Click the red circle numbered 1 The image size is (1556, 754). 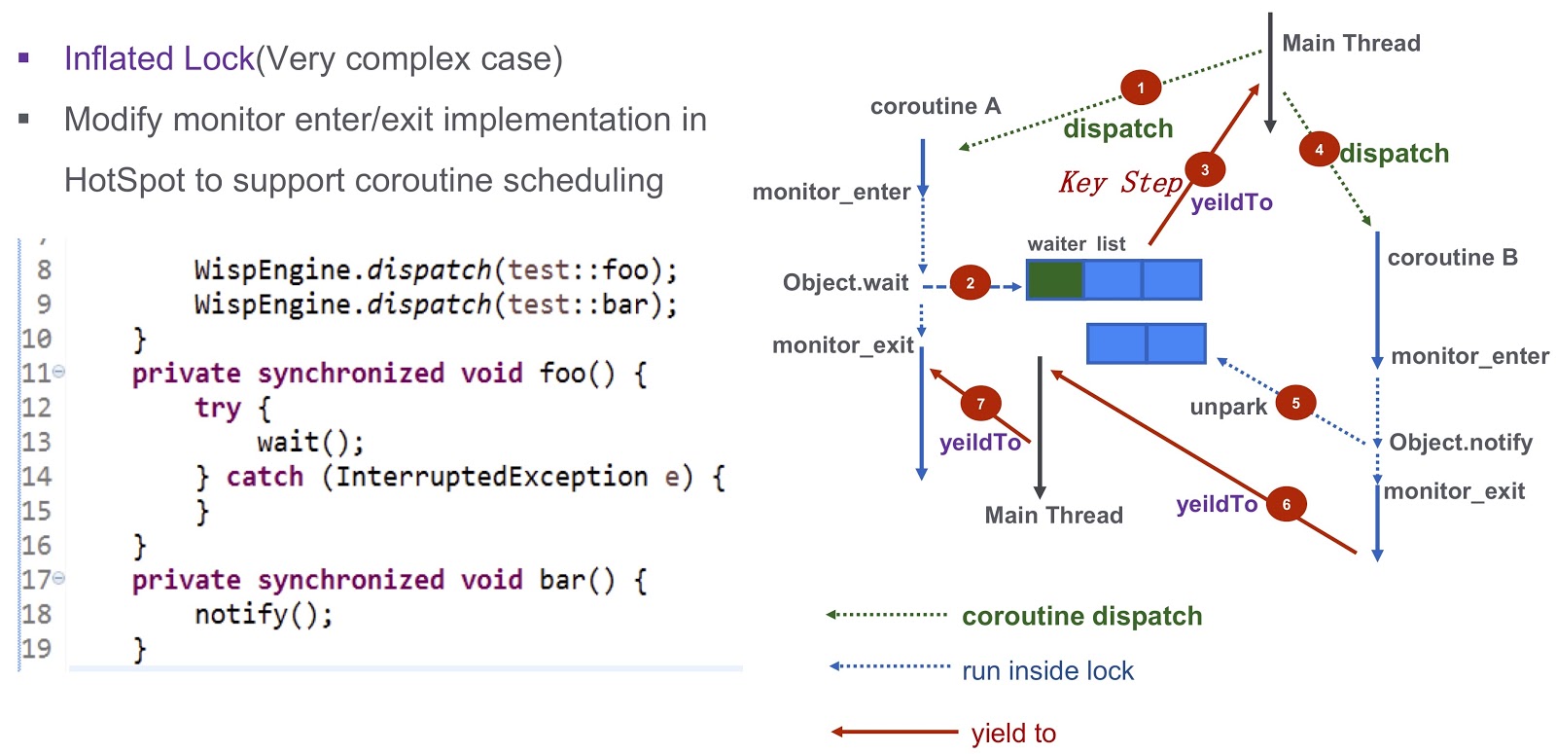click(x=1141, y=88)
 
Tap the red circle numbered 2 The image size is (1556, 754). click(x=970, y=283)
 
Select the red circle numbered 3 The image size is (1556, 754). click(x=1205, y=169)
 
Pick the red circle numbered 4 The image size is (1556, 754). click(x=1319, y=150)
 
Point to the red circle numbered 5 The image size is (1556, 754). click(x=1295, y=403)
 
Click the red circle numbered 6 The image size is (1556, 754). click(x=1286, y=504)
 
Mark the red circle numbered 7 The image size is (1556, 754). click(x=980, y=404)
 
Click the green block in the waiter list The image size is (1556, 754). click(x=1055, y=280)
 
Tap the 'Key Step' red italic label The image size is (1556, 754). click(x=1119, y=182)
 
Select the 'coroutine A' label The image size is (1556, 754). click(x=935, y=106)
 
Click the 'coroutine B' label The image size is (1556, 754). click(x=1453, y=258)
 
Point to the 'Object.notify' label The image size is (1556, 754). click(x=1460, y=443)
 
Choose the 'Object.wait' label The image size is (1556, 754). click(x=845, y=283)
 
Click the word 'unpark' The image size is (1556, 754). click(x=1228, y=408)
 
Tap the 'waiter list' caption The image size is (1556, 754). click(x=1076, y=244)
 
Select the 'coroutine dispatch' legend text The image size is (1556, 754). click(x=1081, y=617)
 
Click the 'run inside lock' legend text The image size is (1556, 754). click(x=1047, y=670)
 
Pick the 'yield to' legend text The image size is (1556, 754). click(x=1013, y=734)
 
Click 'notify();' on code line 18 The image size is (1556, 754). click(x=264, y=614)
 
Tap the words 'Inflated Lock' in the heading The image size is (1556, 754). click(x=159, y=58)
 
